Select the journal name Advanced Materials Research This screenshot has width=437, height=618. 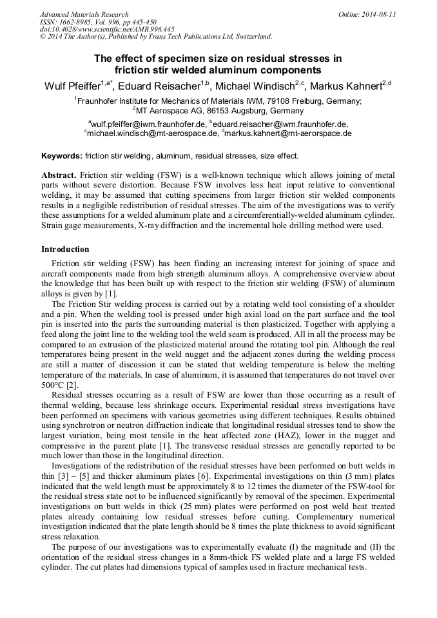[84, 14]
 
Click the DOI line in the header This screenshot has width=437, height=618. [107, 29]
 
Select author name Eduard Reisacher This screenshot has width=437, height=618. [158, 86]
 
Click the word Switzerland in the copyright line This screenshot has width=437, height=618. [249, 37]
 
